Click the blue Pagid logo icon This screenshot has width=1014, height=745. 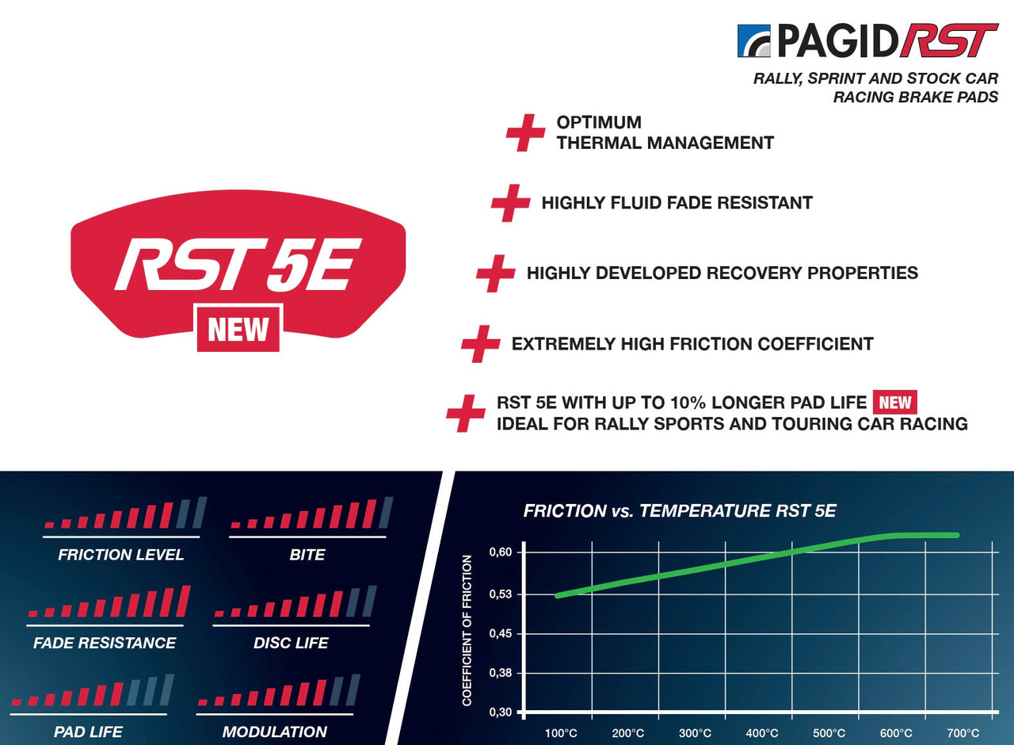(x=753, y=40)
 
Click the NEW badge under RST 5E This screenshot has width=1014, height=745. (x=238, y=329)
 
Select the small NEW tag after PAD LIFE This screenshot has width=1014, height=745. (x=895, y=402)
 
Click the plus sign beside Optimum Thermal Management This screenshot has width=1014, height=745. (x=525, y=132)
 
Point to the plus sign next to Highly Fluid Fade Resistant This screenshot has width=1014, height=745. (x=511, y=203)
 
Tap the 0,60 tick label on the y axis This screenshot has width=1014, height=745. (x=500, y=552)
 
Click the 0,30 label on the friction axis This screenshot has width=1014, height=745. (x=500, y=713)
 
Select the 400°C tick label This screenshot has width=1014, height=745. (x=762, y=733)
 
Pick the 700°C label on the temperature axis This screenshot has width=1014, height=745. (x=963, y=733)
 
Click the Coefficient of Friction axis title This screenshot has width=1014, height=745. (x=467, y=630)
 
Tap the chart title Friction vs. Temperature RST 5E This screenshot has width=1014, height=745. (x=680, y=511)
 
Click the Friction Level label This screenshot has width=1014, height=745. (x=121, y=555)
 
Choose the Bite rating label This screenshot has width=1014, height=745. (x=307, y=555)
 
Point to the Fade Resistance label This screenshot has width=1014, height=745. (x=105, y=643)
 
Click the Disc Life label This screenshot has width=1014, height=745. (x=291, y=643)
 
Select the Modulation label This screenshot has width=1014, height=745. (x=274, y=732)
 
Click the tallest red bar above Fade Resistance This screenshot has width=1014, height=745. (x=183, y=602)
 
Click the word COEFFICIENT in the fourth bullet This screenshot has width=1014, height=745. (x=815, y=344)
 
